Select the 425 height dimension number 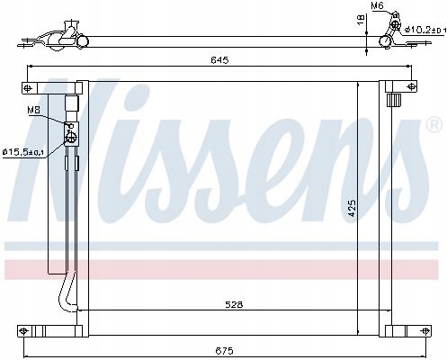[x=353, y=205]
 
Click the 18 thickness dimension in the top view [x=360, y=19]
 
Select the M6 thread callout [x=378, y=7]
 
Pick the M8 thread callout [x=33, y=110]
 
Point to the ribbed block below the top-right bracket [x=394, y=101]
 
